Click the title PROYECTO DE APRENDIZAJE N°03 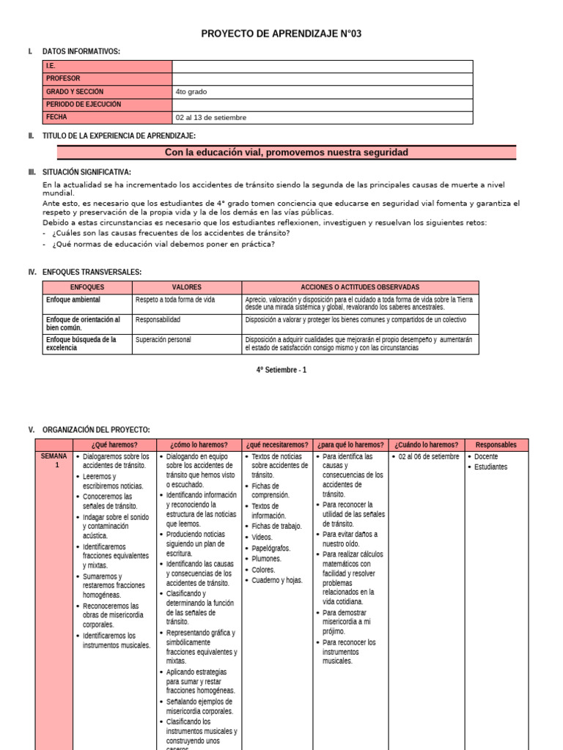pos(281,34)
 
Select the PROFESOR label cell pos(63,78)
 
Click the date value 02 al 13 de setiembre pos(210,117)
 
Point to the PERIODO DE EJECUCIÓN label pos(83,104)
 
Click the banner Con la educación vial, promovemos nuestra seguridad pos(287,152)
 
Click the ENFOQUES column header pos(87,287)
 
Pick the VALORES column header pos(187,287)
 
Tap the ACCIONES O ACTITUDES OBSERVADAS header pos(360,287)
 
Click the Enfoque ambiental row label pos(73,300)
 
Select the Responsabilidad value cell pos(158,320)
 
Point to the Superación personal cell pos(163,340)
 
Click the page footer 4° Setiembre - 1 pos(281,370)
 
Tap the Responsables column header pos(496,445)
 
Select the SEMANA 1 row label pos(54,461)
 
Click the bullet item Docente pos(485,456)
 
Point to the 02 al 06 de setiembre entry pos(429,456)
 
